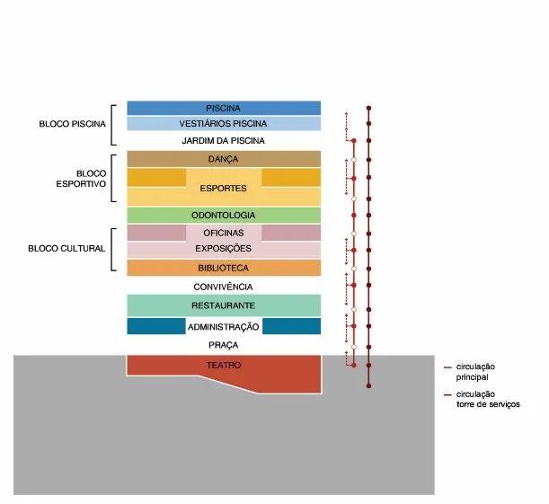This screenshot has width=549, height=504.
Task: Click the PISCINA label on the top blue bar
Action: click(x=223, y=108)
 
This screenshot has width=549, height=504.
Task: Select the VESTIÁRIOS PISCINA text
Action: click(x=223, y=124)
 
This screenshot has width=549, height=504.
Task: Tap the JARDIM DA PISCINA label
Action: click(x=223, y=141)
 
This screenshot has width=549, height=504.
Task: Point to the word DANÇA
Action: click(x=223, y=159)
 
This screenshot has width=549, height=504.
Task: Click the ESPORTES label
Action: click(x=223, y=189)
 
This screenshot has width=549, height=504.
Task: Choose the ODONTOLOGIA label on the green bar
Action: click(x=223, y=216)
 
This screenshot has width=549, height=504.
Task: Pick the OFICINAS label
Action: click(x=223, y=233)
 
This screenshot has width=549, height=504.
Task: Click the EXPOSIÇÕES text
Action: click(x=223, y=249)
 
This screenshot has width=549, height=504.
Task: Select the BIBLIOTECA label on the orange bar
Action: click(x=223, y=268)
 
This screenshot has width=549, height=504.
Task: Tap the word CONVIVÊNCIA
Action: click(x=223, y=287)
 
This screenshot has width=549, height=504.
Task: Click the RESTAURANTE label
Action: click(x=223, y=305)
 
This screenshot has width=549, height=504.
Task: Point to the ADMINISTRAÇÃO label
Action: click(x=223, y=327)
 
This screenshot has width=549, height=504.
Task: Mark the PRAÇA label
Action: click(x=223, y=345)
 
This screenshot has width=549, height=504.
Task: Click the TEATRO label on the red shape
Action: click(x=224, y=366)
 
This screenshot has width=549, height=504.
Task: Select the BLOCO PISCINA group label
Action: click(x=72, y=124)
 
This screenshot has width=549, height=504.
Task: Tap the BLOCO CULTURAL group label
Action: click(x=66, y=249)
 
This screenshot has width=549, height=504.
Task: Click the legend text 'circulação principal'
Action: click(x=475, y=372)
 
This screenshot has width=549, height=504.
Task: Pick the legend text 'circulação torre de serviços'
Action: click(x=488, y=400)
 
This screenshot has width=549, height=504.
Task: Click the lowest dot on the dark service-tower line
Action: click(x=368, y=386)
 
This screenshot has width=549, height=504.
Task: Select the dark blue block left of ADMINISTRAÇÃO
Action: click(x=156, y=326)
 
